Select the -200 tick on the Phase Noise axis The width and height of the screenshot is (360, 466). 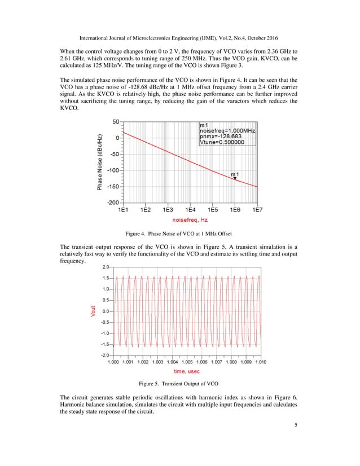coord(113,202)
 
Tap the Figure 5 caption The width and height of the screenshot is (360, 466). coord(179,384)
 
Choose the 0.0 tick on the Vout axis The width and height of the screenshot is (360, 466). coord(106,311)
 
